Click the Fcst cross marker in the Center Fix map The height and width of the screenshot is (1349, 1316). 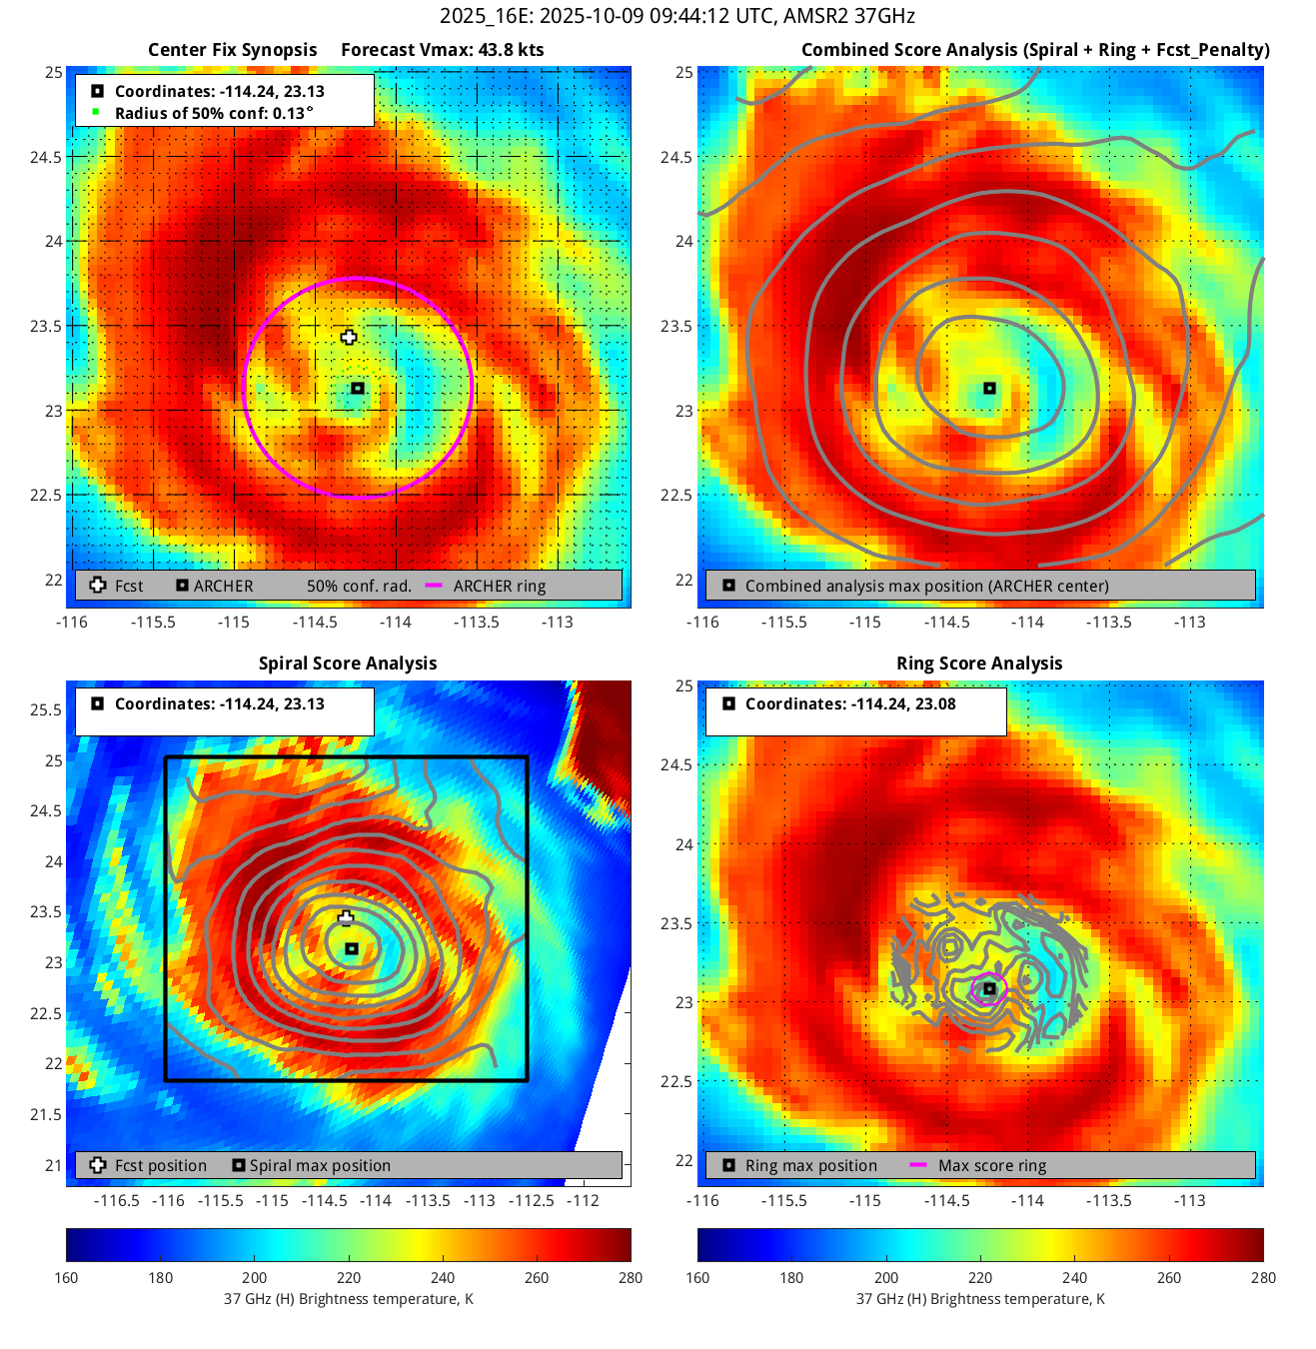[x=348, y=337]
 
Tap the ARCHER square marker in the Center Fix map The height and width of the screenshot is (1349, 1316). [x=357, y=388]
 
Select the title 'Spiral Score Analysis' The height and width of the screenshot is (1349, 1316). [x=348, y=664]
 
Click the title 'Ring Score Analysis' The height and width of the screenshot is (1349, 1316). [x=979, y=664]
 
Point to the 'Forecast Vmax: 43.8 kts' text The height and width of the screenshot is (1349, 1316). [x=443, y=50]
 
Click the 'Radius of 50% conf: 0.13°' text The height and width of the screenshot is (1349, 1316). [x=214, y=113]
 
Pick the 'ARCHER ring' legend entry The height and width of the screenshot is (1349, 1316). [x=499, y=587]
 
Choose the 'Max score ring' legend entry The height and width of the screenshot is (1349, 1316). [x=991, y=1166]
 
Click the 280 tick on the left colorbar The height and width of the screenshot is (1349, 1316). [x=631, y=1277]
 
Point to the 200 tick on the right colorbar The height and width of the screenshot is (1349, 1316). [x=886, y=1277]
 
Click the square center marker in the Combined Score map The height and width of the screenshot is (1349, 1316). [x=989, y=388]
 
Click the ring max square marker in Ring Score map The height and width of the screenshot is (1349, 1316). [x=989, y=988]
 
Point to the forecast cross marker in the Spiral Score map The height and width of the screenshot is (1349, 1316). [x=346, y=917]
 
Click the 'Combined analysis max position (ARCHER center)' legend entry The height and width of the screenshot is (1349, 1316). [x=926, y=587]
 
